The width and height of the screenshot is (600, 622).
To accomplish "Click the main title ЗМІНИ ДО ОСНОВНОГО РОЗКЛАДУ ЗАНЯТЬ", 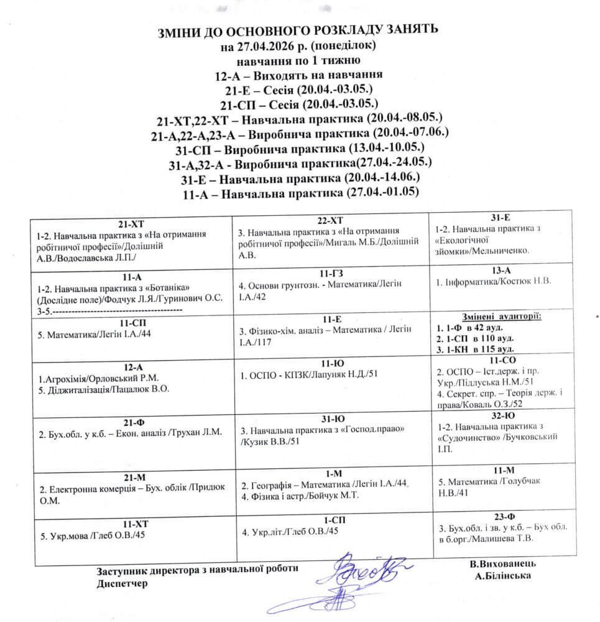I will (300, 30).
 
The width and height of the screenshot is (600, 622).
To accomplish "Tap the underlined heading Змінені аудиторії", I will (501, 317).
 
